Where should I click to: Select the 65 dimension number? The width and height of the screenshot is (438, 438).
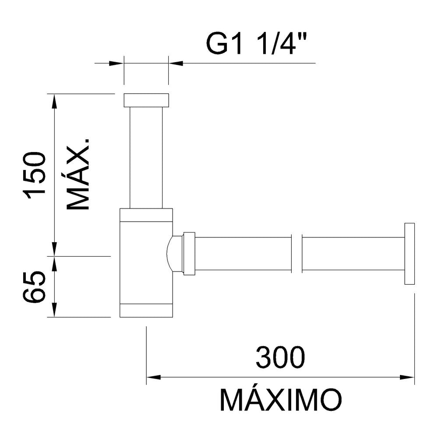point(34,287)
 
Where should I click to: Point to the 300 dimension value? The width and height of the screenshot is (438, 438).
point(280,357)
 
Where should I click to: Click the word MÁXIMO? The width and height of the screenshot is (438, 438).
point(281,399)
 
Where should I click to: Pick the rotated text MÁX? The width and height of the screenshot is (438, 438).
point(78,174)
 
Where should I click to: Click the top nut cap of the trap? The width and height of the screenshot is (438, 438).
point(146,100)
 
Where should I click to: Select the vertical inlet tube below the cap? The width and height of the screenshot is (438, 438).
point(146,158)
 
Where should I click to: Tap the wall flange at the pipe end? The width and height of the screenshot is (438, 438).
point(410,254)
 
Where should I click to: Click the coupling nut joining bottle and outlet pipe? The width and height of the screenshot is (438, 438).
point(189,254)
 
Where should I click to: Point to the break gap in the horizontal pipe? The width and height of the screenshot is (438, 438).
point(297,254)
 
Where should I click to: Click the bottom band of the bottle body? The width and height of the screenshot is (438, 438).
point(146,311)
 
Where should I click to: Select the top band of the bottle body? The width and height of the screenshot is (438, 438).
point(146,215)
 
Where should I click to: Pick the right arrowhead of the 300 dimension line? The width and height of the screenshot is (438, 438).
point(407,378)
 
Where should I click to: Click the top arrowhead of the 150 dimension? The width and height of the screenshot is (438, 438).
point(55,101)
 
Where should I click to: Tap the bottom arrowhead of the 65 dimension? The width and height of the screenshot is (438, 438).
point(55,310)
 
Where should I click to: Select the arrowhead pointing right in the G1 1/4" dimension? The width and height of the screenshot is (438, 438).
point(116,64)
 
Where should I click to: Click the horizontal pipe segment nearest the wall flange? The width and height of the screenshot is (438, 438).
point(353,254)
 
